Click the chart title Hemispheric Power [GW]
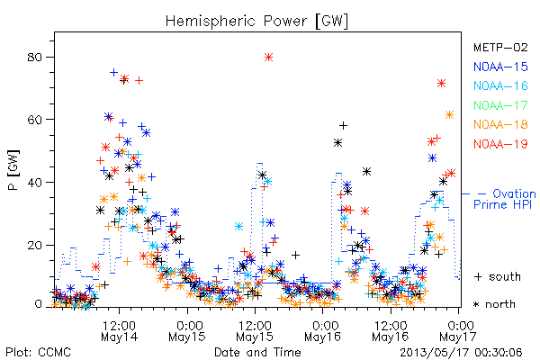click(256, 21)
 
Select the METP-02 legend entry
click(500, 48)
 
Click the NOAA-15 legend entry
click(500, 67)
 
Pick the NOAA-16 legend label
click(500, 85)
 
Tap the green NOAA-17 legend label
click(500, 105)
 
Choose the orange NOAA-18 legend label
click(500, 124)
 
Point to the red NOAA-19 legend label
click(500, 144)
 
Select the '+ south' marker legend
click(498, 276)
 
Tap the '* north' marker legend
click(494, 304)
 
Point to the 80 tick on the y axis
click(34, 57)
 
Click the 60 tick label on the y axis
click(34, 120)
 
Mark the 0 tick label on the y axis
click(38, 304)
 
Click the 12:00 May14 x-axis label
click(119, 330)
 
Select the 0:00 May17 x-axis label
click(458, 330)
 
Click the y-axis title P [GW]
click(13, 170)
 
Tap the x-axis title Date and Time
click(257, 352)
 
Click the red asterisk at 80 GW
click(268, 58)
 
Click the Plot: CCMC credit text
click(39, 352)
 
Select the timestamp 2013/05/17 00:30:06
click(461, 353)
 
